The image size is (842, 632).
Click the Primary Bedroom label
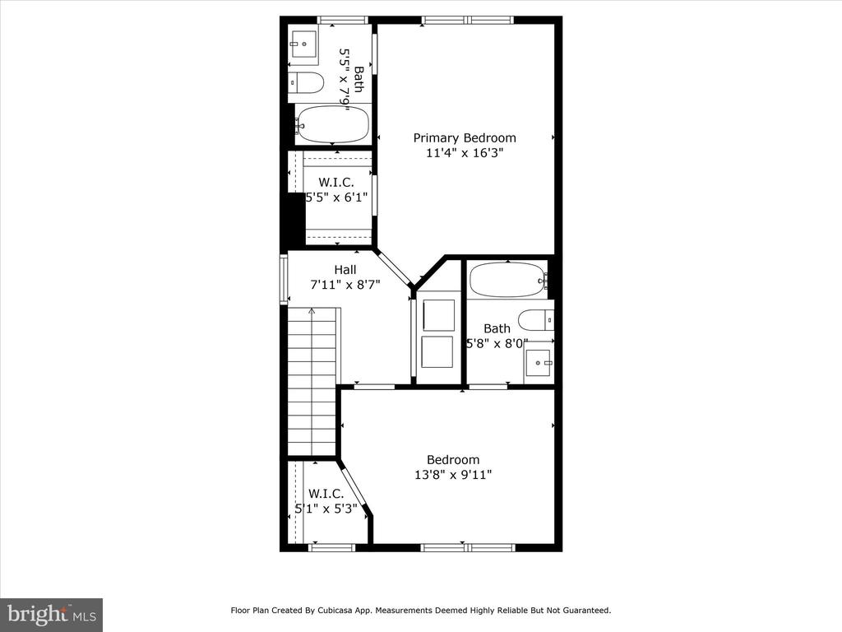coord(465,138)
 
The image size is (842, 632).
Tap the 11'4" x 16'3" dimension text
coord(465,153)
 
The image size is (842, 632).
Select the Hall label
coord(345,270)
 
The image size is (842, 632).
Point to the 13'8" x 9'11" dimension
coord(453,475)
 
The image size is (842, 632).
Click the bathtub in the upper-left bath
coord(333,124)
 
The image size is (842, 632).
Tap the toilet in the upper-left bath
coord(306,83)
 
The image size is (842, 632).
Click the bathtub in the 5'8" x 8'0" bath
coord(508,280)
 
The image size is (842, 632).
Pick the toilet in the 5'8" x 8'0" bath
coord(536,320)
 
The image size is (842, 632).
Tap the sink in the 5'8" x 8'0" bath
coord(539,363)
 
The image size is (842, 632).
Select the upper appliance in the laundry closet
coord(439,315)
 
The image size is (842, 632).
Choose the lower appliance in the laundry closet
coord(437,352)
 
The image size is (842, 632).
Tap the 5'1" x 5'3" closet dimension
coord(326,509)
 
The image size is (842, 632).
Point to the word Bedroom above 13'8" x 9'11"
coord(453,460)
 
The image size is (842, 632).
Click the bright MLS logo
coord(52,614)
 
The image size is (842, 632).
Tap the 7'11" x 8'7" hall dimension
coord(345,285)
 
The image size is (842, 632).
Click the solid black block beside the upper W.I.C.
coord(293,221)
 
